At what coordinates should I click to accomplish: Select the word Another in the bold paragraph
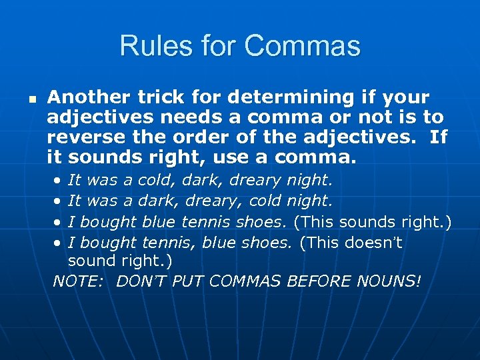coord(89,97)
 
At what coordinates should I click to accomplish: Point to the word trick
coord(160,97)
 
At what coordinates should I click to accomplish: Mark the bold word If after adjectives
coord(437,138)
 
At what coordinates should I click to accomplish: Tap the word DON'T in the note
coord(141,281)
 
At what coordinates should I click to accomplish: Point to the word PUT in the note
coord(187,281)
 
